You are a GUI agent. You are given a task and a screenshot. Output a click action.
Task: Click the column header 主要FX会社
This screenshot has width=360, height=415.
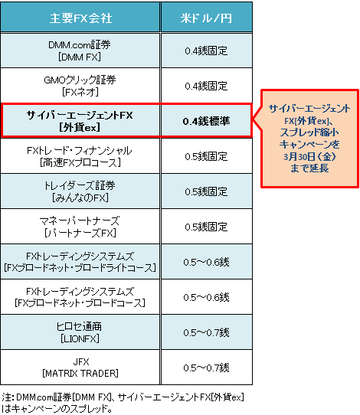(x=80, y=18)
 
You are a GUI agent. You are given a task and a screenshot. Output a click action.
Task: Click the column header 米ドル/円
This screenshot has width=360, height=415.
(x=207, y=18)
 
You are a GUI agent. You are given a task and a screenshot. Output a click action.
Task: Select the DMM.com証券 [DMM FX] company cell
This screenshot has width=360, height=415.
(x=80, y=51)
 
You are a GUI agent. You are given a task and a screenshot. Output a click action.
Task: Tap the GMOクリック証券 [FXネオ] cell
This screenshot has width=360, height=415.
(x=80, y=86)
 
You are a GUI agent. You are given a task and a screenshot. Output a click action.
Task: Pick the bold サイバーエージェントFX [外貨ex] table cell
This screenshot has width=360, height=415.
(x=80, y=121)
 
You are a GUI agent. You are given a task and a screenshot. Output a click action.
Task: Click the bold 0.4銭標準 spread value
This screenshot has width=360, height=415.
(x=207, y=121)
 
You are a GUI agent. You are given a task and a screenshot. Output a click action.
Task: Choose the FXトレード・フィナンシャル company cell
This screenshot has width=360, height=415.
(x=80, y=156)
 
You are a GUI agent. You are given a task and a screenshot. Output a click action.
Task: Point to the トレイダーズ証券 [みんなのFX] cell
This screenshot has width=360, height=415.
(x=80, y=191)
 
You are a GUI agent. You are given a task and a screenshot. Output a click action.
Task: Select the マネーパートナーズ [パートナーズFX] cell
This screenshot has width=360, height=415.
(x=80, y=227)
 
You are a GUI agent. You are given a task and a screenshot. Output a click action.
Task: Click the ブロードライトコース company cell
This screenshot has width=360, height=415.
(x=80, y=262)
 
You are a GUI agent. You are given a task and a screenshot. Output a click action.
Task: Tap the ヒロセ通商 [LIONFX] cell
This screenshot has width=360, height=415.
(x=80, y=332)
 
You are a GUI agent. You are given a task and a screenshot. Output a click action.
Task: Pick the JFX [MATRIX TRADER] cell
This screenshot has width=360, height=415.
(x=80, y=368)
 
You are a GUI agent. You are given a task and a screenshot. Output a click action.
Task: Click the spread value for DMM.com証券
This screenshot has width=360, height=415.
(x=206, y=51)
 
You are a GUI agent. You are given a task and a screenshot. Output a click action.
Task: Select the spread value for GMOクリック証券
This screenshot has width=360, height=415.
(x=206, y=86)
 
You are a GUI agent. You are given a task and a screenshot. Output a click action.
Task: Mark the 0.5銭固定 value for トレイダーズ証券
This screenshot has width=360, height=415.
(x=206, y=191)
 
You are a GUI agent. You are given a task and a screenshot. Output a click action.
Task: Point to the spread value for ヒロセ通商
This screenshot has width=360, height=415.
(x=206, y=332)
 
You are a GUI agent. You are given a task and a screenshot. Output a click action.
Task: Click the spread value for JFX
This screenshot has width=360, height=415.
(x=206, y=368)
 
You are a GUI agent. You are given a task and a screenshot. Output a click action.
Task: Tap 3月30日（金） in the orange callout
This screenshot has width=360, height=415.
(x=309, y=157)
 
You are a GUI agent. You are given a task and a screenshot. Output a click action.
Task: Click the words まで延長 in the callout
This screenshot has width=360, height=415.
(x=309, y=168)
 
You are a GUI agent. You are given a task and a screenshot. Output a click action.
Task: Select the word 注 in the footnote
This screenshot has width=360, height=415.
(x=6, y=397)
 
